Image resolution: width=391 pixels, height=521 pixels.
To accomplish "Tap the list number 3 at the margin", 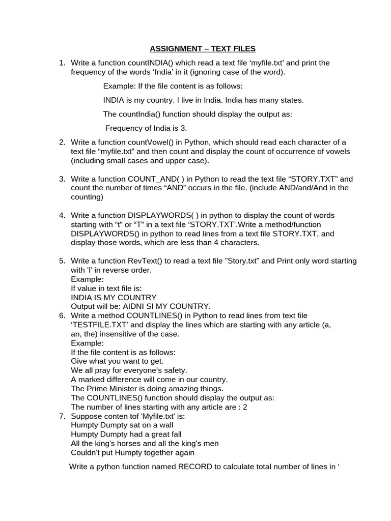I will coord(62,179).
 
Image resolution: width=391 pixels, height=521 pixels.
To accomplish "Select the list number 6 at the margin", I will coord(62,315).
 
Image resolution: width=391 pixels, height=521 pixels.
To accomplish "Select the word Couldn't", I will coord(87,452).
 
